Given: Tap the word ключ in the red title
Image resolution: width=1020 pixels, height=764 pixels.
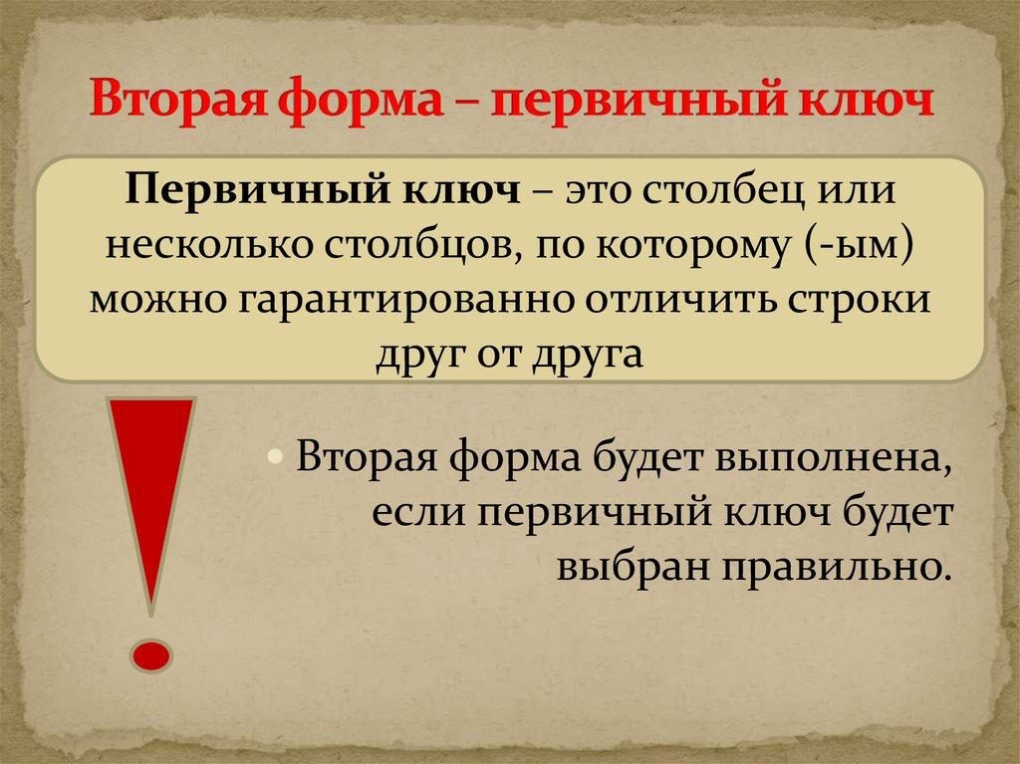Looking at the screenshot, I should (866, 104).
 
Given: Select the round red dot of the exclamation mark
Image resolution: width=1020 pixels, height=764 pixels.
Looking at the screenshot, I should (151, 654).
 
